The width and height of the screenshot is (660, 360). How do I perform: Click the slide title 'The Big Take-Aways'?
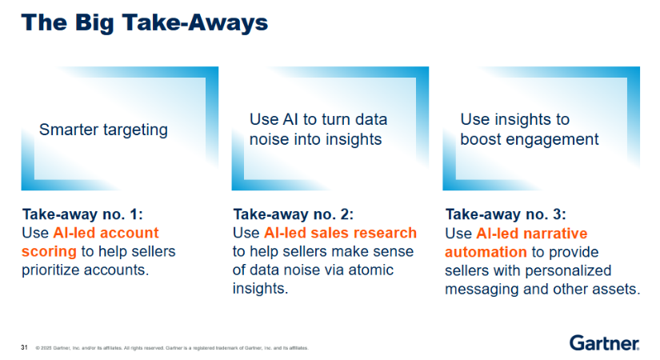144,22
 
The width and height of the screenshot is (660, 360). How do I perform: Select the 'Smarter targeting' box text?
103,130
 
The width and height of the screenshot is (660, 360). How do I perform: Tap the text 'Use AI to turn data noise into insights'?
318,130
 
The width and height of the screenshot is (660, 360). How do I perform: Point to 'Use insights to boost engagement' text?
529,130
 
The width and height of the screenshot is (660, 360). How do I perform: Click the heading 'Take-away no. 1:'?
82,214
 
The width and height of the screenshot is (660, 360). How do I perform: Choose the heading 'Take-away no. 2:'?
294,214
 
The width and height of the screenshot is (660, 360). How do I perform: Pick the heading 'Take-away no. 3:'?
506,214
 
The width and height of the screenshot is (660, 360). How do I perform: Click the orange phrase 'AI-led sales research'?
340,233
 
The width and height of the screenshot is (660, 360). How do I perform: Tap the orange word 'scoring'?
50,252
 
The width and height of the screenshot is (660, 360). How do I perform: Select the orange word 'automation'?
486,252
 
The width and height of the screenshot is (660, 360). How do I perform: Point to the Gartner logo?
605,343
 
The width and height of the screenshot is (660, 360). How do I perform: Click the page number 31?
25,347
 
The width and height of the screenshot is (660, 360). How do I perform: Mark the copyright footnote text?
172,348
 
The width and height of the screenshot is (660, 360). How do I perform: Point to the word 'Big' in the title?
94,23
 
